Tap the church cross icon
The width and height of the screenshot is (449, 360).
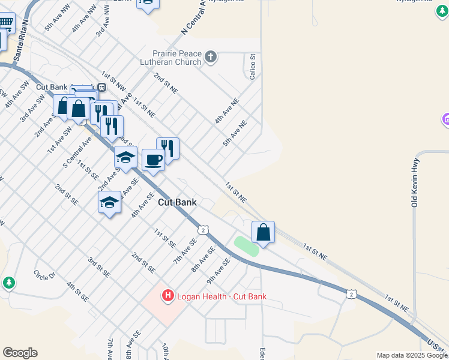click(210, 57)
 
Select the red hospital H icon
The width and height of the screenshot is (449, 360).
click(168, 295)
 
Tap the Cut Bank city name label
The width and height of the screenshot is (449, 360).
click(177, 203)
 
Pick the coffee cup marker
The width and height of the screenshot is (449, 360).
click(153, 160)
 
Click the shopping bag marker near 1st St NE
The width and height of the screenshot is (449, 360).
click(263, 232)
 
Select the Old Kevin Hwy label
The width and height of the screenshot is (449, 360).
click(414, 182)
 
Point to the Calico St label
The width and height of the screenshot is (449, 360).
click(253, 67)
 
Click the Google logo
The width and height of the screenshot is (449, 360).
click(20, 353)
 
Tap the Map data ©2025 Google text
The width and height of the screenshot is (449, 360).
click(412, 355)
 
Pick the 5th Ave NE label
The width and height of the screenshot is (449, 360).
click(235, 134)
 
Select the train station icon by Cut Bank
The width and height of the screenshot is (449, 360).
click(102, 86)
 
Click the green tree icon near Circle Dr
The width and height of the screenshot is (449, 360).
click(8, 282)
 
